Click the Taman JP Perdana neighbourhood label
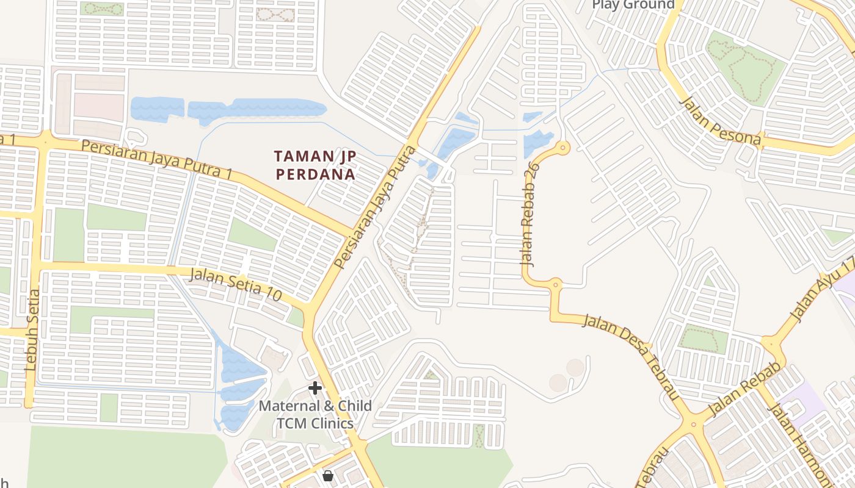pos(315,165)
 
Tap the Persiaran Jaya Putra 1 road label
pos(157,159)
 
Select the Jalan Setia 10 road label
pos(236,284)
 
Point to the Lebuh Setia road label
pos(33,330)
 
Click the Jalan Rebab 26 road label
pos(531,214)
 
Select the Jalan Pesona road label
pos(721,122)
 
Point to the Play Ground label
pos(633,5)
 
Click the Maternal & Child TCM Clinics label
pos(315,414)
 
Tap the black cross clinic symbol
pos(315,388)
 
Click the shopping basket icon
pos(328,476)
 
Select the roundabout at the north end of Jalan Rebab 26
pos(563,147)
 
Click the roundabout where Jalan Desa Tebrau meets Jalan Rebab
pos(692,423)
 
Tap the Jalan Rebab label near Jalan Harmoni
pos(744,388)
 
